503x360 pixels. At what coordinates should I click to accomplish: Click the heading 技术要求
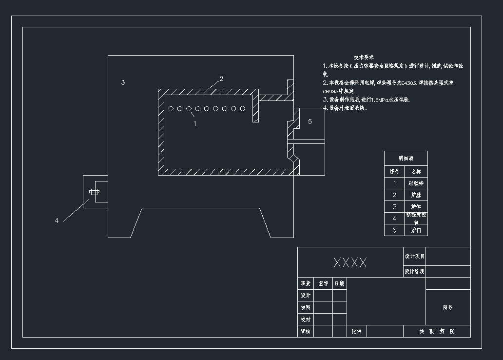pyautogui.click(x=364, y=58)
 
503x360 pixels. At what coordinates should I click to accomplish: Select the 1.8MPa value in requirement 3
pyautogui.click(x=381, y=100)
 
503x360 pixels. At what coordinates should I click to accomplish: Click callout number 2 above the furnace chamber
pyautogui.click(x=221, y=79)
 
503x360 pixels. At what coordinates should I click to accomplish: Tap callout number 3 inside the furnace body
pyautogui.click(x=123, y=82)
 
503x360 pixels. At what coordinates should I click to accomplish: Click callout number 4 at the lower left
pyautogui.click(x=57, y=220)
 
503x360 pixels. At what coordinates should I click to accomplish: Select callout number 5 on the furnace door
pyautogui.click(x=310, y=121)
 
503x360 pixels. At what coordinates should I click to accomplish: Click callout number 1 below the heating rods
pyautogui.click(x=195, y=123)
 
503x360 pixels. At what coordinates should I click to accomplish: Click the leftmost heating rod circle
pyautogui.click(x=171, y=109)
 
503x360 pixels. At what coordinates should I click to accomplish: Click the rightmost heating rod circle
pyautogui.click(x=243, y=109)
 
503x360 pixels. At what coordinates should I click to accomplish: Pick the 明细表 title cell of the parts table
pyautogui.click(x=406, y=159)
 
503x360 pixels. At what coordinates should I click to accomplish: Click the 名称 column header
pyautogui.click(x=416, y=172)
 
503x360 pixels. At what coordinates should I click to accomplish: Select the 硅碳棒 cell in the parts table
pyautogui.click(x=416, y=183)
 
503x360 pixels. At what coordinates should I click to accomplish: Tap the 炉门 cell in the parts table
pyautogui.click(x=416, y=230)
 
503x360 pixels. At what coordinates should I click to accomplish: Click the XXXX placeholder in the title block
pyautogui.click(x=350, y=263)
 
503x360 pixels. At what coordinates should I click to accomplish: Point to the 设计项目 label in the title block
pyautogui.click(x=414, y=257)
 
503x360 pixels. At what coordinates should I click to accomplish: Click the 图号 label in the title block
pyautogui.click(x=448, y=307)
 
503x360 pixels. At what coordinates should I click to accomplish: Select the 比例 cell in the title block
pyautogui.click(x=357, y=332)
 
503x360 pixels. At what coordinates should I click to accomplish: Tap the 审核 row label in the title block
pyautogui.click(x=305, y=332)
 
